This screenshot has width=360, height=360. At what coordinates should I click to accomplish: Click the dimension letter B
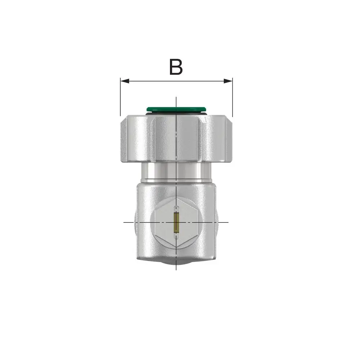pos(176,67)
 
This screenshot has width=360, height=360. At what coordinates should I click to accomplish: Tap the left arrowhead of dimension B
pos(125,81)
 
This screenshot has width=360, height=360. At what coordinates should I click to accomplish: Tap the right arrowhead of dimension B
pos(228,81)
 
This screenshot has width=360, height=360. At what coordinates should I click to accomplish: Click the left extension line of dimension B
pos(120,97)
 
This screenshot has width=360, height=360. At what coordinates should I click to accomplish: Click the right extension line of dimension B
pos(233,97)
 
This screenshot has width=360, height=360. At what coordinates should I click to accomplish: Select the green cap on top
pos(176,109)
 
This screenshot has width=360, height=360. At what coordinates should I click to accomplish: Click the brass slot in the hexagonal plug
pos(176,222)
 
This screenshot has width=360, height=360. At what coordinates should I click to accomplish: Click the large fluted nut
pos(176,139)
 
